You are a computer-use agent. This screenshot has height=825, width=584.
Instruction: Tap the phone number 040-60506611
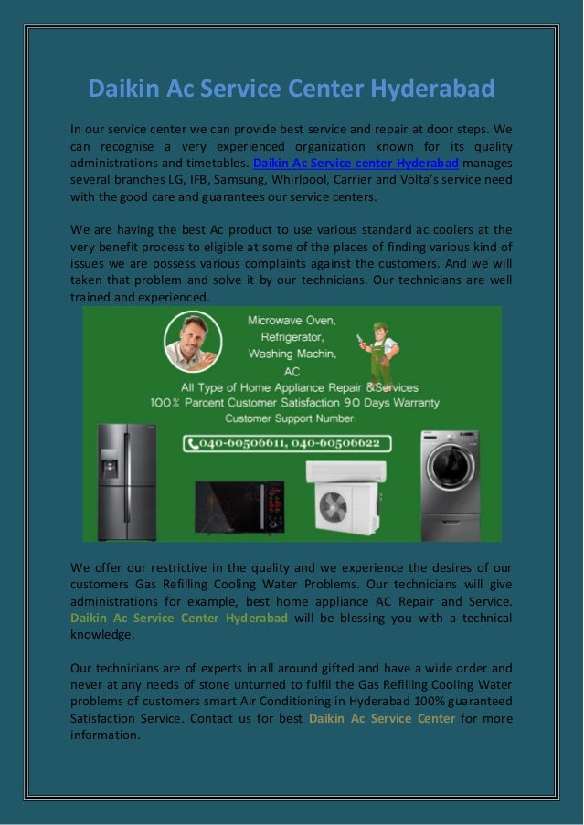pos(244,444)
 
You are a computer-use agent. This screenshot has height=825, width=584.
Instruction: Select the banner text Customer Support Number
pos(289,418)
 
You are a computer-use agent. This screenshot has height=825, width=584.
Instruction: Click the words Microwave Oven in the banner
pos(292,321)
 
